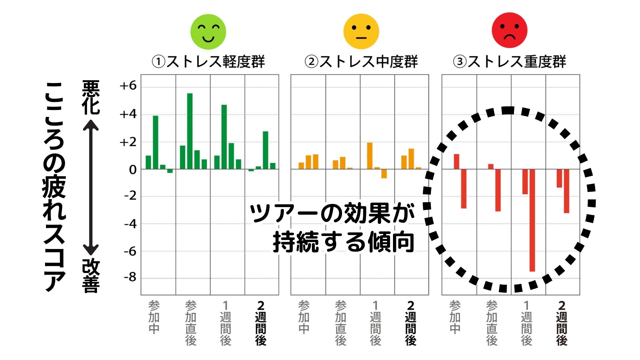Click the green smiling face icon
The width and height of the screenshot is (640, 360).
pyautogui.click(x=208, y=32)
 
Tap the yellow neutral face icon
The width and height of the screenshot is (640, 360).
pyautogui.click(x=361, y=31)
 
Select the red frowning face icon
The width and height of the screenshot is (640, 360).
pyautogui.click(x=509, y=30)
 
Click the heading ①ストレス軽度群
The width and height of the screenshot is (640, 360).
pyautogui.click(x=208, y=62)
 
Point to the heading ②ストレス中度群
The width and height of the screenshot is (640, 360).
pyautogui.click(x=361, y=62)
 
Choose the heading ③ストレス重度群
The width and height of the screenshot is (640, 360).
pyautogui.click(x=509, y=62)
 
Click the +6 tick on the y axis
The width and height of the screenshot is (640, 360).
pyautogui.click(x=128, y=86)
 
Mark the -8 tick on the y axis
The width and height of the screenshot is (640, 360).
pyautogui.click(x=130, y=278)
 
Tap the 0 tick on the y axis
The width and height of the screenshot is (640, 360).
pyautogui.click(x=133, y=170)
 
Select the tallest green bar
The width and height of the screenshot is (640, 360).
pyautogui.click(x=190, y=131)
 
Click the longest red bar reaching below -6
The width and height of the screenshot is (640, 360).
pyautogui.click(x=532, y=220)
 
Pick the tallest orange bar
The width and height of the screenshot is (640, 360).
pyautogui.click(x=369, y=156)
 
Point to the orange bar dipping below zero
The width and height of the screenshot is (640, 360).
pyautogui.click(x=384, y=174)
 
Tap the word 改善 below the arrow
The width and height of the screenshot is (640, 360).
pyautogui.click(x=91, y=276)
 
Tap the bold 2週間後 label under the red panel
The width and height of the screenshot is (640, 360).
pyautogui.click(x=562, y=323)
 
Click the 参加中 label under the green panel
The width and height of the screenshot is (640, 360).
pyautogui.click(x=154, y=317)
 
